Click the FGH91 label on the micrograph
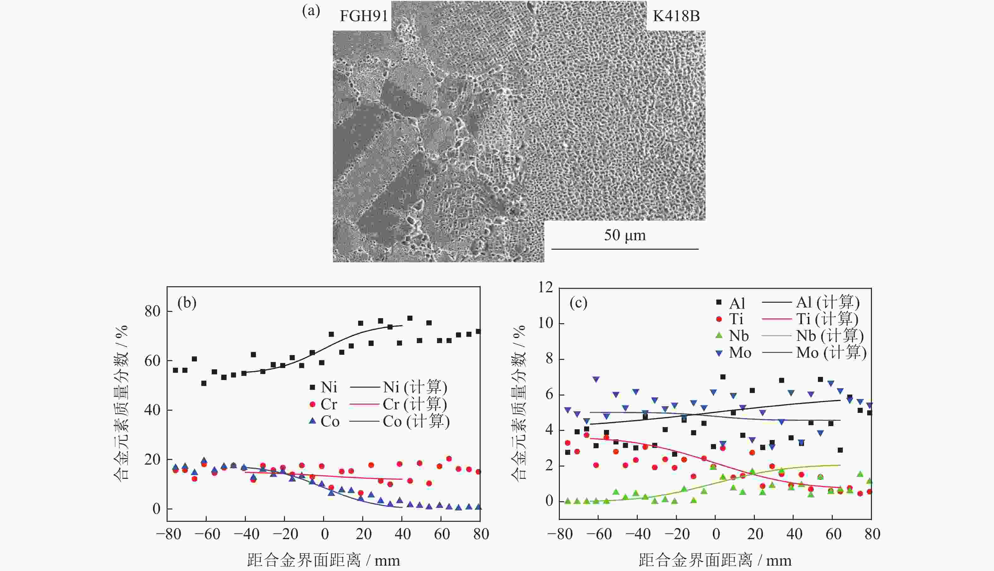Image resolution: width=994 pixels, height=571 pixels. (x=363, y=16)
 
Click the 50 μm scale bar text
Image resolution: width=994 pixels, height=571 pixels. (x=625, y=235)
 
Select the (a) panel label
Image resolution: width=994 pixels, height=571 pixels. (x=311, y=11)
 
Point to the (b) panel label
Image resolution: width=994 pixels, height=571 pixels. (x=187, y=303)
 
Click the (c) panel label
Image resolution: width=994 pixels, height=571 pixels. (x=578, y=303)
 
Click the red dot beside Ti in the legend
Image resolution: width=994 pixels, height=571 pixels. (x=719, y=319)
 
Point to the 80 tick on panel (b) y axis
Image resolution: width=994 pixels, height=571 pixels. (x=152, y=312)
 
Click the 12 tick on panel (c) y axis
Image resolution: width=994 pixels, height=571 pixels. (x=545, y=288)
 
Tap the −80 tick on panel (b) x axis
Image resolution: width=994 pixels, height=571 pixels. (x=169, y=534)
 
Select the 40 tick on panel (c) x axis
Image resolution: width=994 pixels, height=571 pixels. (x=794, y=534)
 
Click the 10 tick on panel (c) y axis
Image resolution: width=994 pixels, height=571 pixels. (x=545, y=323)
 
